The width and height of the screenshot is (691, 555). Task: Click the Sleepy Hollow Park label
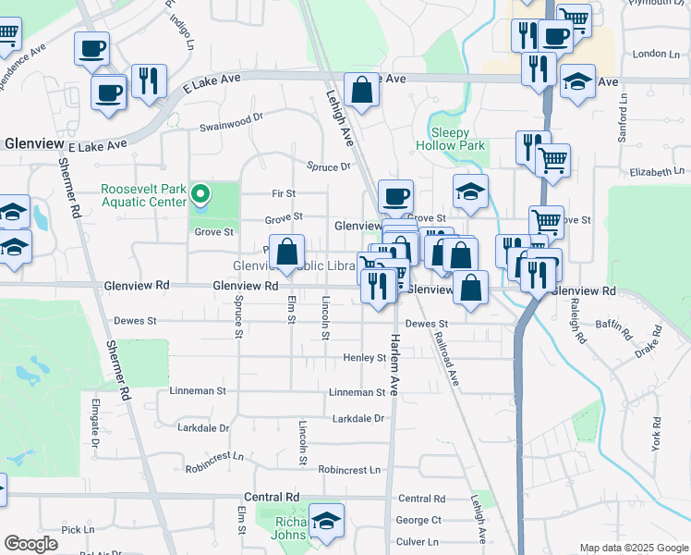pyautogui.click(x=450, y=139)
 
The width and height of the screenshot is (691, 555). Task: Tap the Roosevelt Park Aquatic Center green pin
pyautogui.click(x=203, y=193)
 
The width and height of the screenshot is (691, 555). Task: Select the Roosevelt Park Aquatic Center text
pyautogui.click(x=143, y=193)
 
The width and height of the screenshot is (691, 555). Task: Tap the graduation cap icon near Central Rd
pyautogui.click(x=326, y=523)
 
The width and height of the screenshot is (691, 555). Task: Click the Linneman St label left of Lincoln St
pyautogui.click(x=197, y=391)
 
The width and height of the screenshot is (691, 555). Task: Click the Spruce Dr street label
pyautogui.click(x=330, y=166)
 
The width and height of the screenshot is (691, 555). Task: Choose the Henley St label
pyautogui.click(x=363, y=358)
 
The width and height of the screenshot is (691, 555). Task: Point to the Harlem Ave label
pyautogui.click(x=393, y=365)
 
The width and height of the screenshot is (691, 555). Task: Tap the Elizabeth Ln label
pyautogui.click(x=657, y=172)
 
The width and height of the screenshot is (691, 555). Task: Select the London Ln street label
pyautogui.click(x=657, y=55)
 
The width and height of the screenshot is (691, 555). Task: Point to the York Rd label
pyautogui.click(x=657, y=434)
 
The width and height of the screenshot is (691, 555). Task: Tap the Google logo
pyautogui.click(x=30, y=544)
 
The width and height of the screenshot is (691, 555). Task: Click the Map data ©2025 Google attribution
pyautogui.click(x=633, y=548)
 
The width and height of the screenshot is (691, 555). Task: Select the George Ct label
pyautogui.click(x=418, y=520)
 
